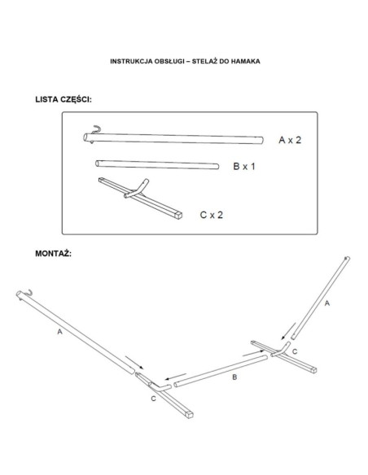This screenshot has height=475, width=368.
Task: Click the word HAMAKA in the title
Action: (x=246, y=61)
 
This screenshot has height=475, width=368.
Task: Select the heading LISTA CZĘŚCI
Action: (x=64, y=100)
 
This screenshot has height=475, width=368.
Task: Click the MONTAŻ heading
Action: (x=54, y=253)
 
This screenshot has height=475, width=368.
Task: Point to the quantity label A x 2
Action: (x=290, y=140)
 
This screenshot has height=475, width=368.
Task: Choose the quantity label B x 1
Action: (x=244, y=166)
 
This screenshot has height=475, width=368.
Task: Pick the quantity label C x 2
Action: (x=212, y=215)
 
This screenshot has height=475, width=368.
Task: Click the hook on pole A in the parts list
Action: (x=96, y=129)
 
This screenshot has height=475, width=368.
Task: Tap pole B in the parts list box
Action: (x=157, y=165)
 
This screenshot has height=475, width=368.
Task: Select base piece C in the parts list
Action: (x=140, y=198)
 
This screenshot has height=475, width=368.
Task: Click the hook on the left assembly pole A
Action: (x=28, y=293)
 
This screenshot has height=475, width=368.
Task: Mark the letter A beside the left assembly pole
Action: (x=59, y=332)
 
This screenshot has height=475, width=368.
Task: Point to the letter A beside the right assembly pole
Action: (x=326, y=303)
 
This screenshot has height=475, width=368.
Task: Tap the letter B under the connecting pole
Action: (x=234, y=377)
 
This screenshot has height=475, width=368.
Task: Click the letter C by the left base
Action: (x=153, y=399)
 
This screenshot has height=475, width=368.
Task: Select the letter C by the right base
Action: (x=295, y=351)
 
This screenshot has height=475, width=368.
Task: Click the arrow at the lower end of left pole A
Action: (x=134, y=362)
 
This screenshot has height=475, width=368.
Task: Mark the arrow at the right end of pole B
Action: (x=253, y=353)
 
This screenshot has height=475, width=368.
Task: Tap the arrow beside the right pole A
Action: (x=288, y=331)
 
